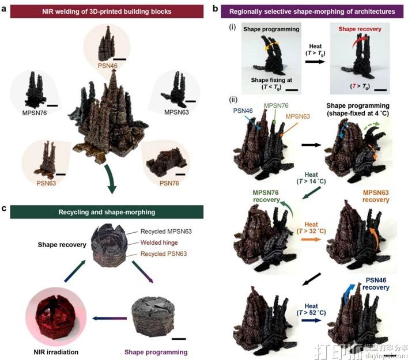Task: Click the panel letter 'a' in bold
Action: coord(5,10)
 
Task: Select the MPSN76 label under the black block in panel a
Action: coord(30,113)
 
